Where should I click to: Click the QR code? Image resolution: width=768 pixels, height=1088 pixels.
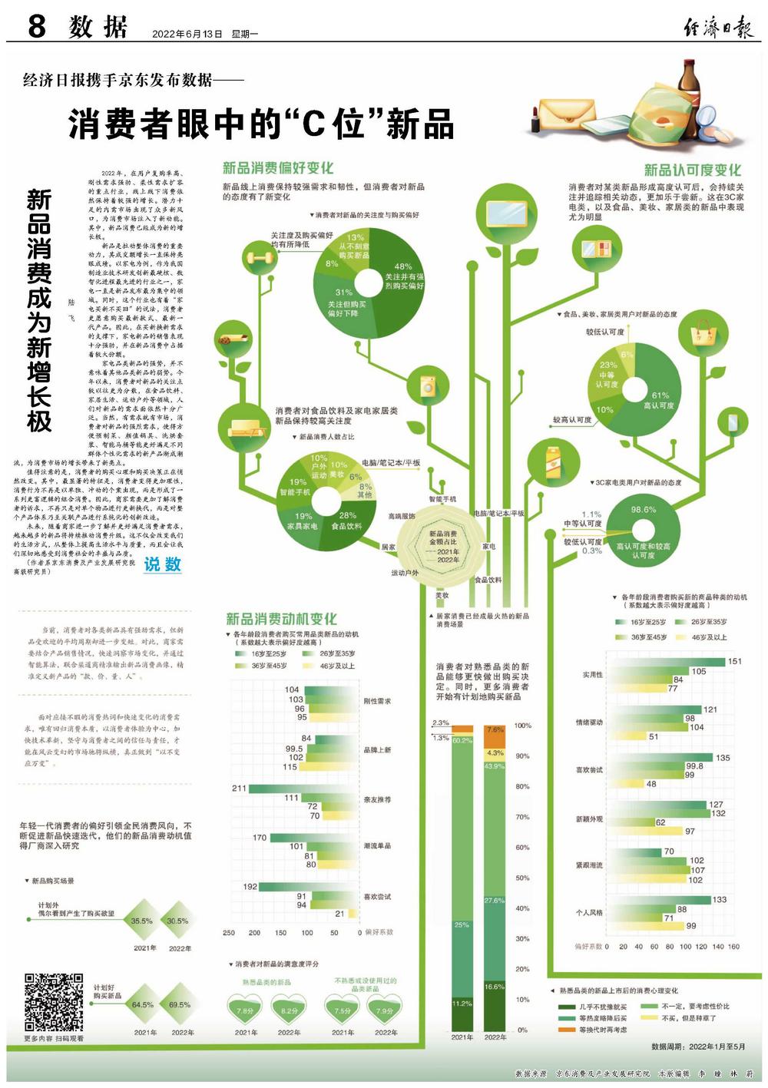click(54, 1001)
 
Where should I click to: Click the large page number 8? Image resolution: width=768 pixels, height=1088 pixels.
click(36, 27)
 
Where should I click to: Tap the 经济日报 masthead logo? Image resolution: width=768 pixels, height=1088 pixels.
click(719, 28)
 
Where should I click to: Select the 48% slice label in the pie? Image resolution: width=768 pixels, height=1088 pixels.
click(403, 267)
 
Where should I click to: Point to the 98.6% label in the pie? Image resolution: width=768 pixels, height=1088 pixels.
click(644, 510)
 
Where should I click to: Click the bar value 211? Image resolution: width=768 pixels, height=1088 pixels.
click(239, 789)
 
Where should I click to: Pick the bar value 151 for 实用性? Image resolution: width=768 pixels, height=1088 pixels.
click(734, 661)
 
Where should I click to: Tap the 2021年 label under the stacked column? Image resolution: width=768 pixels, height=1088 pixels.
click(462, 1037)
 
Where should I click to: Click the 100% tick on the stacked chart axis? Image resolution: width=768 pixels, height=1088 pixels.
click(522, 726)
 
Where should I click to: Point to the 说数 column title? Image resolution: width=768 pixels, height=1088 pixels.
click(163, 564)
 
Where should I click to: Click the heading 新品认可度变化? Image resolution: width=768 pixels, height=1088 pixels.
click(692, 170)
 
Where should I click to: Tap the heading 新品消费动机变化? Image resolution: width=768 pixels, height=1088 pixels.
click(281, 619)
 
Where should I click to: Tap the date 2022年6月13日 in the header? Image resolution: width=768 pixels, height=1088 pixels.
click(187, 35)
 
